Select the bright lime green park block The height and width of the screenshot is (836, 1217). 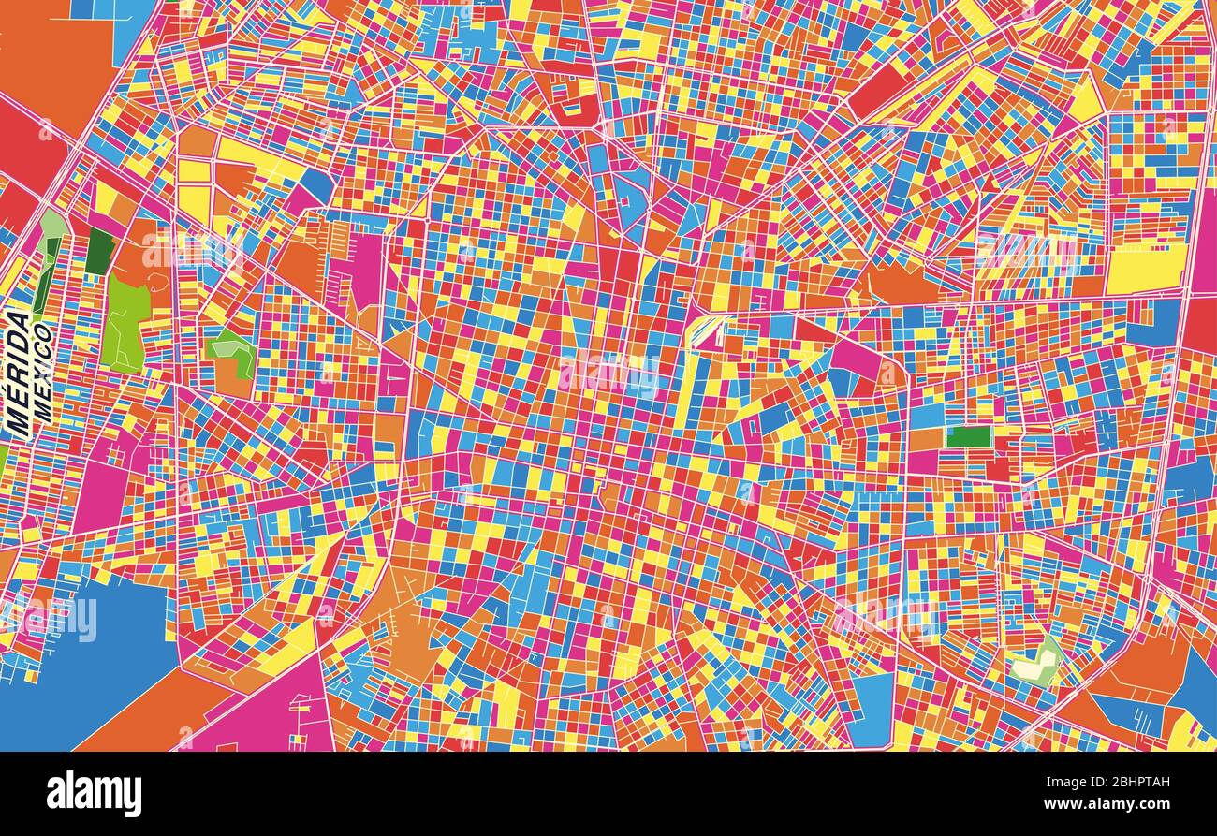click(x=125, y=323)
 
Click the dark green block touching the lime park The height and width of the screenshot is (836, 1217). click(x=99, y=251)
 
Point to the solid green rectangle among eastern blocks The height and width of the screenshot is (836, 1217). click(x=968, y=437)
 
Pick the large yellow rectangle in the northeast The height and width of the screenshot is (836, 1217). click(x=1145, y=270)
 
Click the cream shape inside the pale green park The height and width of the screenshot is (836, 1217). click(x=1033, y=668)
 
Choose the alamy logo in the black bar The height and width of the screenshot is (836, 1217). click(x=94, y=793)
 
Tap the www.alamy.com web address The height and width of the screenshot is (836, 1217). click(x=1114, y=804)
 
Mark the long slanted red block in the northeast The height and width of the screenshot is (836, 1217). click(x=880, y=89)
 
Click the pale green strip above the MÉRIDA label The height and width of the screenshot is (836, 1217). click(x=52, y=225)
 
